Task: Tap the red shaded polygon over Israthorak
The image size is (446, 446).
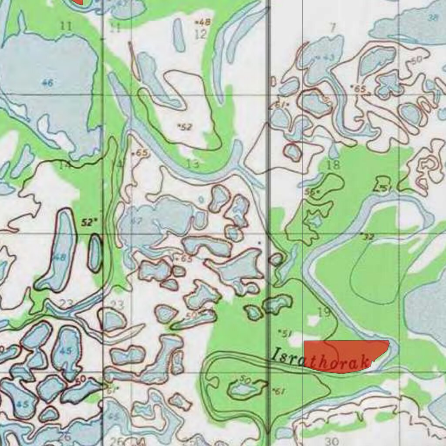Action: point(344,355)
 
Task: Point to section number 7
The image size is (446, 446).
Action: point(333,28)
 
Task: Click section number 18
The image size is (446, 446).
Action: point(333,165)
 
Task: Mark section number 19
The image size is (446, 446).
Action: point(324,312)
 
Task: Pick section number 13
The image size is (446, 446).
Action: point(193,164)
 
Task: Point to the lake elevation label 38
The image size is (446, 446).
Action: point(432,17)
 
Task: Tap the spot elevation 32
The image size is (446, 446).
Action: point(368,237)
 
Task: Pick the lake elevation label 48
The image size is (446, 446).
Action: point(60,257)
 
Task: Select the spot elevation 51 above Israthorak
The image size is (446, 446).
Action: point(285,334)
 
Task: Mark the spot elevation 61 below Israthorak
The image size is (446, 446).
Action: point(279,392)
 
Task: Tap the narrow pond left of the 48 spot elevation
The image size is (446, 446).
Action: point(179,35)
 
